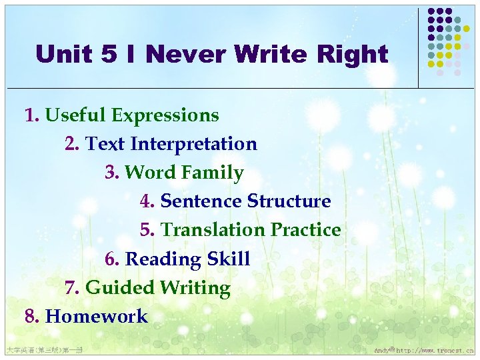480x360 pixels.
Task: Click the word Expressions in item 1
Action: pos(165,115)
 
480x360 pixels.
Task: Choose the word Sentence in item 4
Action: pos(201,201)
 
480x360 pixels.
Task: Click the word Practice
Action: pos(306,230)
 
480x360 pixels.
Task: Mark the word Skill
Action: pos(228,259)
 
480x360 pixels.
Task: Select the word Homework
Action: pos(96,316)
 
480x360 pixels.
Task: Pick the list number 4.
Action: pos(147,201)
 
